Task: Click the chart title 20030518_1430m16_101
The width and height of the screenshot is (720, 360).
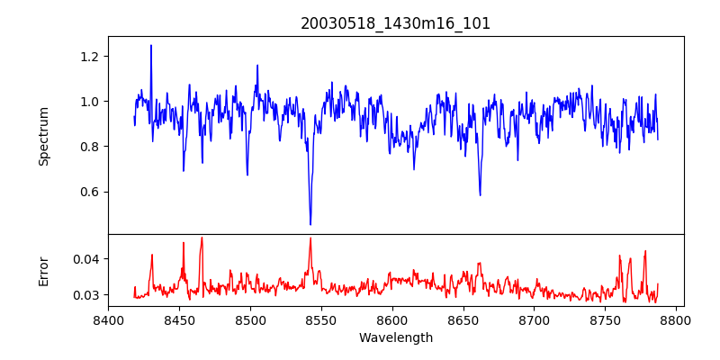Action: [395, 23]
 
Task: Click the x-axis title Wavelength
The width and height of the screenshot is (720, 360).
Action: [395, 337]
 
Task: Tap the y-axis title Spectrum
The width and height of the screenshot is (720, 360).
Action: [43, 135]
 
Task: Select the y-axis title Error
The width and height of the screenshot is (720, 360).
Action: [43, 271]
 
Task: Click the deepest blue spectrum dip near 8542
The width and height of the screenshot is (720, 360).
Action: [310, 224]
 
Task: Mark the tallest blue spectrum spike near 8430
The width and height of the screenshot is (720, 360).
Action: [151, 45]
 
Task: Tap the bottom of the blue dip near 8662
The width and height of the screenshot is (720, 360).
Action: [480, 194]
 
